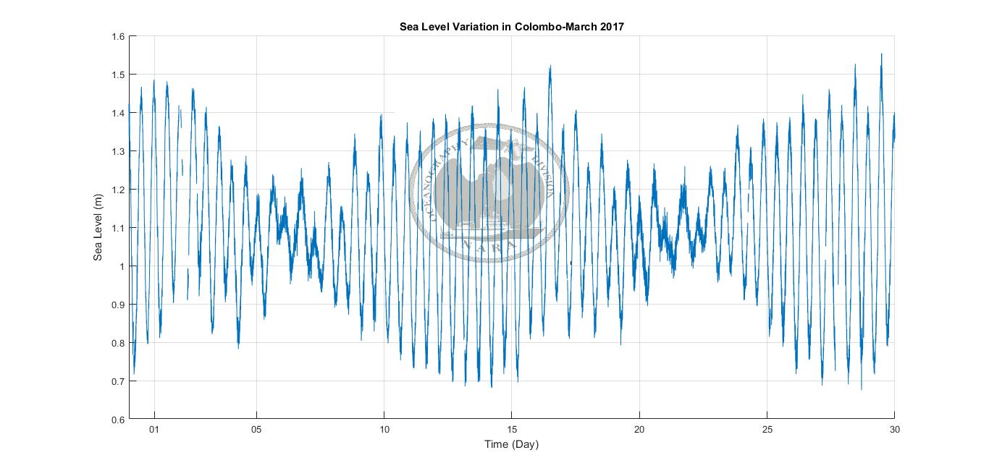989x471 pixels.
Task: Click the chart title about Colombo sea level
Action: tap(512, 27)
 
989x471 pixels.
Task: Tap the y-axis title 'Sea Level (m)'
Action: tap(98, 228)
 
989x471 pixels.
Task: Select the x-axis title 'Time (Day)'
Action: tap(512, 444)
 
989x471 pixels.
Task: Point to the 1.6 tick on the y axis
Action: tap(118, 36)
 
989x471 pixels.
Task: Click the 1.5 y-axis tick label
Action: tap(118, 75)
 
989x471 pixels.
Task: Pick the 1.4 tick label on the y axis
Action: tap(118, 113)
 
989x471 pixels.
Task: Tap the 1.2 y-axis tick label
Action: tap(118, 190)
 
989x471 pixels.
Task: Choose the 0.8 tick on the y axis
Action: tap(118, 343)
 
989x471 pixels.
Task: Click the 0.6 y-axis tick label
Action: tap(118, 420)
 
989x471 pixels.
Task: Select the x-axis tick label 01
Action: tap(153, 430)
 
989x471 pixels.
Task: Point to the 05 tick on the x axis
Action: tap(256, 430)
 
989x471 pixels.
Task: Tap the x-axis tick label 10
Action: tap(384, 430)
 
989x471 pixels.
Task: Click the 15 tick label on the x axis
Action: tap(512, 430)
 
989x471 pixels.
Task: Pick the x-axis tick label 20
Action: tap(639, 430)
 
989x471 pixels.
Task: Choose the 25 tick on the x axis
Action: tap(767, 430)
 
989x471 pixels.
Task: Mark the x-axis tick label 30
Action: tap(894, 430)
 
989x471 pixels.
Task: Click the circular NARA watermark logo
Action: tap(489, 192)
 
